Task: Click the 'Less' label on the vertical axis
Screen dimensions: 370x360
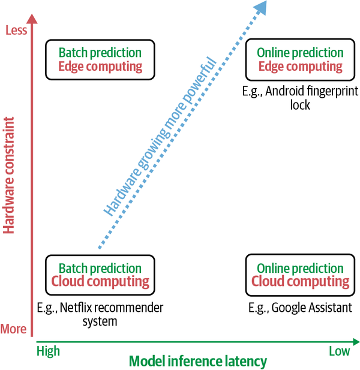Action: [16, 30]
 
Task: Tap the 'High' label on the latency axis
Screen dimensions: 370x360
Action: [49, 351]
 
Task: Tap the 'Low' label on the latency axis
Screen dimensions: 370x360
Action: [340, 351]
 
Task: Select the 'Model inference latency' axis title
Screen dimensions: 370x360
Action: [197, 361]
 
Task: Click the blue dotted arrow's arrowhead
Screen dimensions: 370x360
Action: [260, 7]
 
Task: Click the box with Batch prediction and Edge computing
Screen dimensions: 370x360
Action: [100, 59]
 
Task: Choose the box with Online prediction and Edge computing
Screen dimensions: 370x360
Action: [300, 59]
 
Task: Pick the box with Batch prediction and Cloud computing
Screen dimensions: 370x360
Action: [100, 275]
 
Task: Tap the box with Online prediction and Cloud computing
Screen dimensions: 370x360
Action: [300, 275]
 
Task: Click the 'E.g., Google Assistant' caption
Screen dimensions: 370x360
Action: [300, 308]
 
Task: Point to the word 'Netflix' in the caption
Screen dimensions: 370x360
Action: [80, 308]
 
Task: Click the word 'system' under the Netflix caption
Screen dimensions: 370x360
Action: [100, 321]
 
